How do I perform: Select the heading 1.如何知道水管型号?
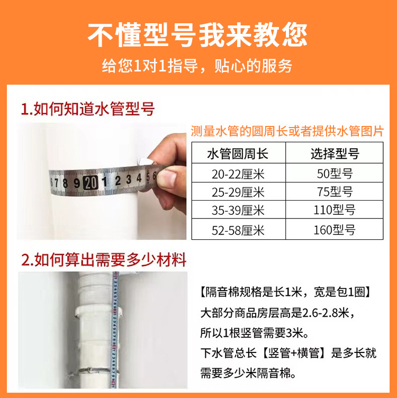tap(88, 110)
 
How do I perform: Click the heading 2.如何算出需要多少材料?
tap(104, 260)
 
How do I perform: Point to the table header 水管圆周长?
tap(238, 153)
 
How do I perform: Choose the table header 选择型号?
tap(334, 153)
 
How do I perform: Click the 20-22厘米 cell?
tap(238, 173)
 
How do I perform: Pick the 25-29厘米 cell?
tap(238, 192)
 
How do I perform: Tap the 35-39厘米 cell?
tap(238, 211)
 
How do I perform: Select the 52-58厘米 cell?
tap(238, 230)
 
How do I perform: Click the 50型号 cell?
tap(334, 173)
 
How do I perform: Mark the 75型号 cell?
tap(334, 192)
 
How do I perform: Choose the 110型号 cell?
tap(334, 211)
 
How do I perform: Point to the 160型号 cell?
tap(334, 230)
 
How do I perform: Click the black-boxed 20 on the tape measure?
tap(90, 183)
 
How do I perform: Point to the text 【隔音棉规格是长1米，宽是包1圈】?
tap(288, 292)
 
